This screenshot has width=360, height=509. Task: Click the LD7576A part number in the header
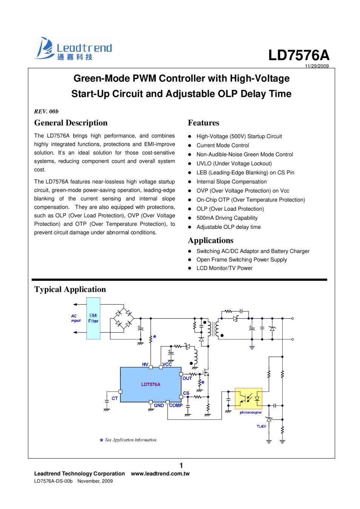click(x=298, y=55)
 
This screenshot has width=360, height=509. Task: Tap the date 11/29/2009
click(x=317, y=66)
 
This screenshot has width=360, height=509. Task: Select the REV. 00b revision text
click(x=46, y=111)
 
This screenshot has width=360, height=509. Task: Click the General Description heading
click(x=71, y=123)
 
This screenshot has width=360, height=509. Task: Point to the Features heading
click(x=203, y=123)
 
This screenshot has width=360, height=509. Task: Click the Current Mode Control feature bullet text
click(x=223, y=146)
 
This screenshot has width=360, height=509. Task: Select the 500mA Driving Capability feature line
click(x=227, y=218)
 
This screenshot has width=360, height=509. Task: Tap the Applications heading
click(x=211, y=241)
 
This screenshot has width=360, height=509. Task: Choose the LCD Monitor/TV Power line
click(x=224, y=268)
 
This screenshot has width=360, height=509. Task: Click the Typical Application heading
click(x=70, y=290)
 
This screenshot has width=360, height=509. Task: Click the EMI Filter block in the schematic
click(x=93, y=318)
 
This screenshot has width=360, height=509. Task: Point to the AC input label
click(x=76, y=318)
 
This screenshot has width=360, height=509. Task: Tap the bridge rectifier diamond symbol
click(x=123, y=319)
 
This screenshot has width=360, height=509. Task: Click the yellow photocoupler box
click(x=248, y=398)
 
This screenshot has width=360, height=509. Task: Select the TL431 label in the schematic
click(x=262, y=426)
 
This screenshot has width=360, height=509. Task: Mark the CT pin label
click(x=115, y=398)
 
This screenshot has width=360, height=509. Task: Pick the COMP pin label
click(x=176, y=405)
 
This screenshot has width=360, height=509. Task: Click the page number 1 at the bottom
click(x=181, y=466)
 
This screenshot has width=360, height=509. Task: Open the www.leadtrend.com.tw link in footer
click(x=160, y=474)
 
